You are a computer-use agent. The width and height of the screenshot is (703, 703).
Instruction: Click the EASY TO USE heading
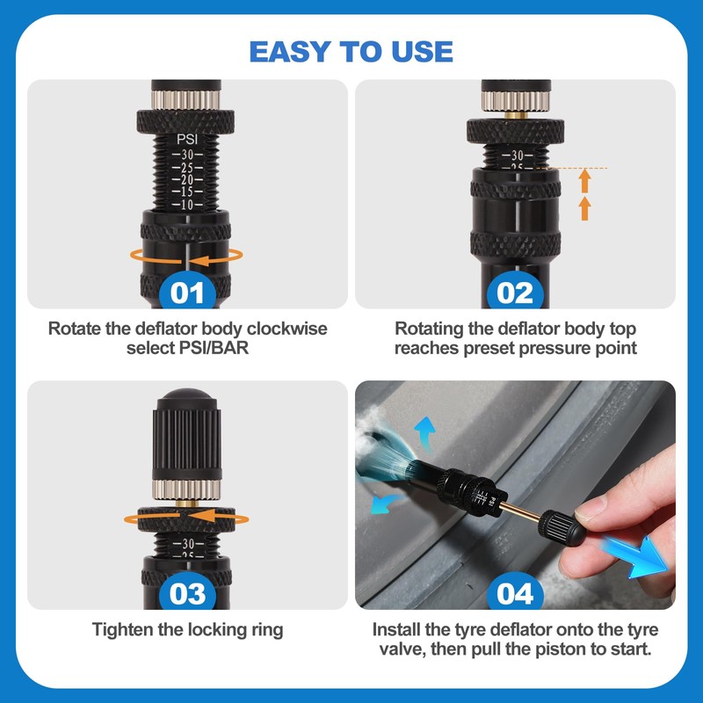click(x=351, y=51)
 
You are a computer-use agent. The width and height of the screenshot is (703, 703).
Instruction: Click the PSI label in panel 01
click(x=187, y=140)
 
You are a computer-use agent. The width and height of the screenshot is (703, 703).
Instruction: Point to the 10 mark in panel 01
click(x=187, y=205)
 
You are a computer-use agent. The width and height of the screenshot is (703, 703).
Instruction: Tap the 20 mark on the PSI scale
click(x=187, y=180)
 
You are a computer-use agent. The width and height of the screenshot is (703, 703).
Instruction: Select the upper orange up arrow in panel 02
click(x=584, y=181)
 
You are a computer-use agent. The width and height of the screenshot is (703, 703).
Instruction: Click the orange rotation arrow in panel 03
click(x=186, y=517)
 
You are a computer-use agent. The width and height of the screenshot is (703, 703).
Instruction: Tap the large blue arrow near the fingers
click(x=635, y=556)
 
